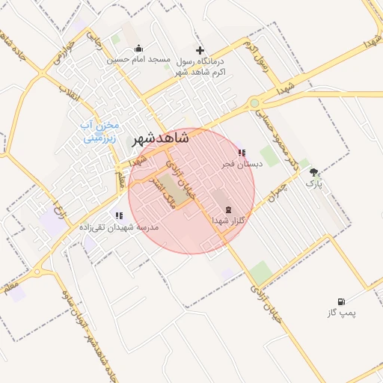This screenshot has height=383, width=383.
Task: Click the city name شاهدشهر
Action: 161,138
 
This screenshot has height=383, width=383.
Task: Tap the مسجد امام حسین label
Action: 138,59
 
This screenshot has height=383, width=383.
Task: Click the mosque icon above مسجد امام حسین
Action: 138,49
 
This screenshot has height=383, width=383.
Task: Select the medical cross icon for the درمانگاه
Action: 199,50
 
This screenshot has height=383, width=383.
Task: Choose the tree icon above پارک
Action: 313,171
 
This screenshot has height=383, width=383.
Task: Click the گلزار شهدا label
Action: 228,221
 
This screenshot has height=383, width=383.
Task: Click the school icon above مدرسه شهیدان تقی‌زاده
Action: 120,215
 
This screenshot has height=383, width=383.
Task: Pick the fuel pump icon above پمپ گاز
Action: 342,301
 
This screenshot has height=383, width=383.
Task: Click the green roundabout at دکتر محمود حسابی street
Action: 254,103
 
